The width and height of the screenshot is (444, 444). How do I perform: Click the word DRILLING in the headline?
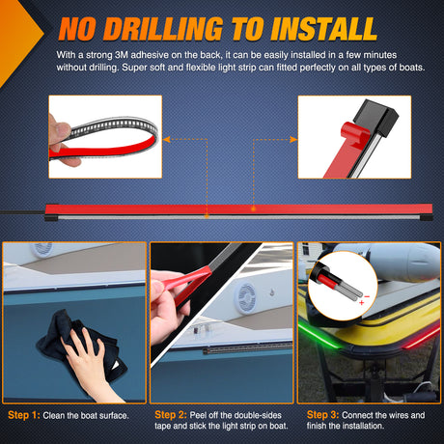pyautogui.click(x=162, y=29)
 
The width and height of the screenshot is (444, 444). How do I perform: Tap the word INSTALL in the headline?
pyautogui.click(x=323, y=29)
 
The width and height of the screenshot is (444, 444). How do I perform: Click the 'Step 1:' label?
pyautogui.click(x=24, y=415)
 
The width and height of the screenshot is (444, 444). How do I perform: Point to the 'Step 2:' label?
pyautogui.click(x=171, y=414)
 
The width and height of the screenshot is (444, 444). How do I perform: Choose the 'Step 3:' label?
pyautogui.click(x=322, y=414)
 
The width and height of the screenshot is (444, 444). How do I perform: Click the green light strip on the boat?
pyautogui.click(x=319, y=336)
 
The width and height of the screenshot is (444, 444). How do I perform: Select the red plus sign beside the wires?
pyautogui.click(x=362, y=302)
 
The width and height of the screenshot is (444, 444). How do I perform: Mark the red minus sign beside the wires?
pyautogui.click(x=367, y=296)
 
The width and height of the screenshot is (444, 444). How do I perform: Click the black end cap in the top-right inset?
pyautogui.click(x=375, y=118)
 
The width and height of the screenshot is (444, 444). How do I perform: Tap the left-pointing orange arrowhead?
pyautogui.click(x=166, y=139)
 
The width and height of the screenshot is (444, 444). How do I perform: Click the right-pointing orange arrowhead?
pyautogui.click(x=293, y=139)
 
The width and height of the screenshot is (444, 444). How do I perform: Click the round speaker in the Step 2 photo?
pyautogui.click(x=245, y=298)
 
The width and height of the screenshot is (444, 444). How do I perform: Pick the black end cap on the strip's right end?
pyautogui.click(x=427, y=218)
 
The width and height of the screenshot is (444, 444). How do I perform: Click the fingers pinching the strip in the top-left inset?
pyautogui.click(x=60, y=142)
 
